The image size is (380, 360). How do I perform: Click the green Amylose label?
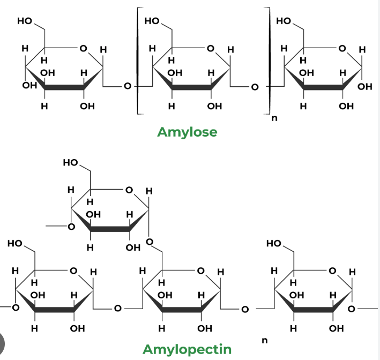(187, 132)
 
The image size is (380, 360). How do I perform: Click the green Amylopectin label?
(187, 350)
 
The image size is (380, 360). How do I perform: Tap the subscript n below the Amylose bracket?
(274, 118)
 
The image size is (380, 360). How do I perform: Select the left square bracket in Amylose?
(138, 61)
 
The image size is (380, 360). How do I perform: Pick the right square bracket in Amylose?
(269, 61)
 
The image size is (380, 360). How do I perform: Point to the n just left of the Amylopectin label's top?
(265, 341)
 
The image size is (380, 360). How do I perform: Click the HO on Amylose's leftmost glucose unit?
(25, 21)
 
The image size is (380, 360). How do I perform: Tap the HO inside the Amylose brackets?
(152, 21)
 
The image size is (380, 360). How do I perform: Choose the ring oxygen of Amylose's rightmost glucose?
(342, 48)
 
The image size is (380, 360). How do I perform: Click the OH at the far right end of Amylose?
(365, 86)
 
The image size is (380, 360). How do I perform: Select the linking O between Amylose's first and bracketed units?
(128, 86)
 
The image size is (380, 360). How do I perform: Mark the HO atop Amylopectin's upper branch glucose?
(70, 162)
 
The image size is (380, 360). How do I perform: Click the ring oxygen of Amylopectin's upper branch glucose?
(129, 190)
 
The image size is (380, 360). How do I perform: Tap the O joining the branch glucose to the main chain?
(150, 242)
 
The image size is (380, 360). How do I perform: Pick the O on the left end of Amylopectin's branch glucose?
(71, 227)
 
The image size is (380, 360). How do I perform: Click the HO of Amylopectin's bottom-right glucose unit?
(273, 243)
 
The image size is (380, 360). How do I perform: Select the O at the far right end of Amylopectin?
(352, 309)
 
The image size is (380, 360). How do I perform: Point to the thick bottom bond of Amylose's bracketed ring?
(191, 87)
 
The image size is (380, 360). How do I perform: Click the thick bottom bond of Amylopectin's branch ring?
(110, 229)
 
